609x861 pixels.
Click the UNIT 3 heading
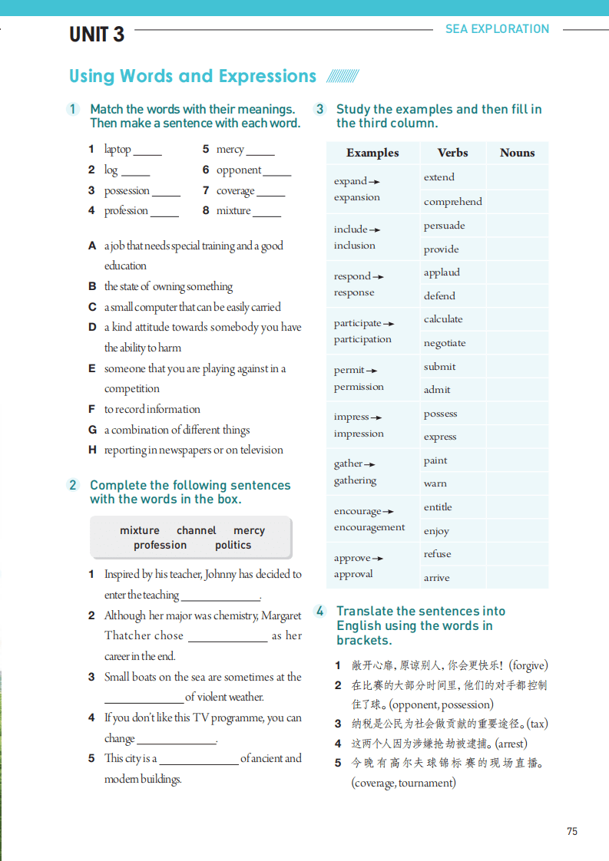(x=97, y=35)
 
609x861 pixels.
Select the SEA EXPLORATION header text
(x=497, y=29)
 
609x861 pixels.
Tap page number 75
(x=571, y=831)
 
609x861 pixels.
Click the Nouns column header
(x=517, y=153)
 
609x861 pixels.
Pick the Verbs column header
(x=452, y=153)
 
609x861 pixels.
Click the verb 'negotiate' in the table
(x=445, y=343)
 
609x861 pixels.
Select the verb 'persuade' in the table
(x=444, y=226)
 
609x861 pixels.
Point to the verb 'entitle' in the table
(x=438, y=507)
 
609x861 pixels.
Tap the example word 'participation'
(x=362, y=339)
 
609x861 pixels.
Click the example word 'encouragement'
(x=369, y=527)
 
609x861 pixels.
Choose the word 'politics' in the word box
(x=233, y=545)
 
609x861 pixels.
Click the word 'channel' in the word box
(x=197, y=530)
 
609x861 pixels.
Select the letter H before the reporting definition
(x=92, y=450)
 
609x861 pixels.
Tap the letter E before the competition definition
(x=92, y=368)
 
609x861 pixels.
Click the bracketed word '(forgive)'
(x=528, y=665)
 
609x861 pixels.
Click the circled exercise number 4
(x=320, y=612)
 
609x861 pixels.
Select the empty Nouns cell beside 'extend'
(x=517, y=177)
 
